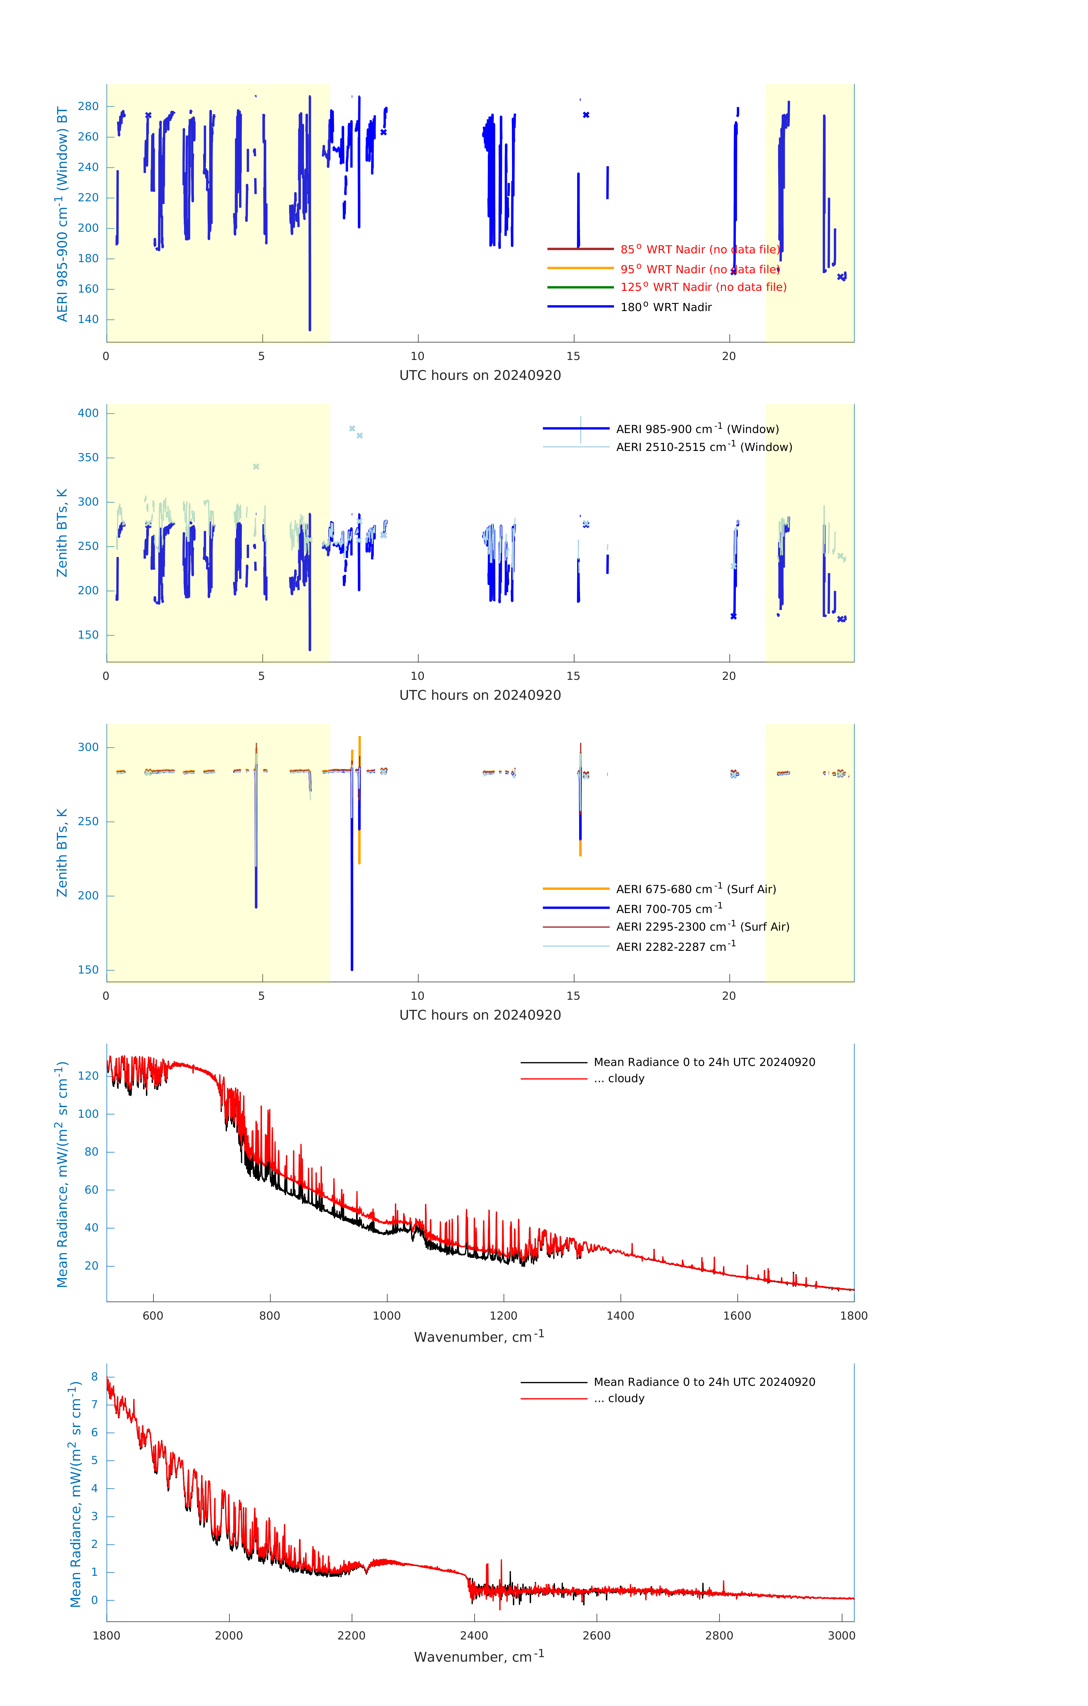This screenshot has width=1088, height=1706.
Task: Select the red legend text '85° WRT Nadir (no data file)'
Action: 699,249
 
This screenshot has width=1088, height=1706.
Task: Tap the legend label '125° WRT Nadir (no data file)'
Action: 703,287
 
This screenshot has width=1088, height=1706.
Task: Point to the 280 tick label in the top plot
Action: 88,106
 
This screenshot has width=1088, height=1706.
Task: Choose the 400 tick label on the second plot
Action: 88,413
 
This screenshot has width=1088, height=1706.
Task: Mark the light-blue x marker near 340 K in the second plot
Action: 256,466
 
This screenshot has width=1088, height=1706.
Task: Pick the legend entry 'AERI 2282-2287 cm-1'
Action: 676,947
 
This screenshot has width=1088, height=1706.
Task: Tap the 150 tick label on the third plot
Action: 88,970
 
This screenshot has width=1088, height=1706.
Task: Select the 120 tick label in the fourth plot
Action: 88,1075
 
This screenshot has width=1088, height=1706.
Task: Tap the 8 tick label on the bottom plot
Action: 94,1376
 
